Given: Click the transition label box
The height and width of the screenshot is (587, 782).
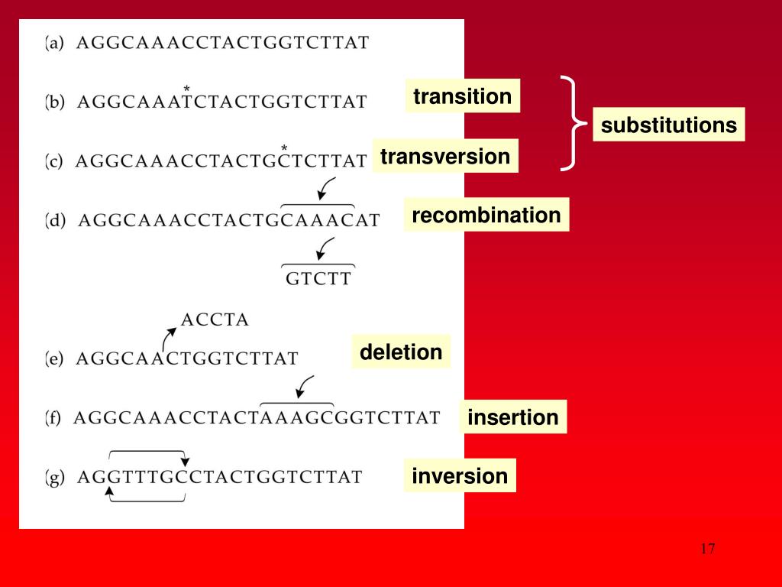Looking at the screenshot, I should pyautogui.click(x=462, y=96).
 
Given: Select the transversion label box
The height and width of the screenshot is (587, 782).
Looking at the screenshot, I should pyautogui.click(x=444, y=157).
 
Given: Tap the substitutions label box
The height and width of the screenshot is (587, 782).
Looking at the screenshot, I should pyautogui.click(x=669, y=125).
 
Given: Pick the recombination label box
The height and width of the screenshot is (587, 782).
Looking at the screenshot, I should pyautogui.click(x=486, y=216).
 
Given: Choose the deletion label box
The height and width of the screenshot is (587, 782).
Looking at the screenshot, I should pyautogui.click(x=401, y=352).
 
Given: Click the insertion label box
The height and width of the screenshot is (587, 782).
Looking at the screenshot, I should pyautogui.click(x=513, y=417).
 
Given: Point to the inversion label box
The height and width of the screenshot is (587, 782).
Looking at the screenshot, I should pyautogui.click(x=460, y=476).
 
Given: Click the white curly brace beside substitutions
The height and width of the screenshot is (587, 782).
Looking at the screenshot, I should pyautogui.click(x=573, y=123).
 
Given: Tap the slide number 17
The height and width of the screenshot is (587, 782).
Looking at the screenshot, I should pyautogui.click(x=707, y=549).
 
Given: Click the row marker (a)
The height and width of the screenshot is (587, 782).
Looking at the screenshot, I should pyautogui.click(x=54, y=43).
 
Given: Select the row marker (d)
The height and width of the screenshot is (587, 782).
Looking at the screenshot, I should pyautogui.click(x=56, y=221).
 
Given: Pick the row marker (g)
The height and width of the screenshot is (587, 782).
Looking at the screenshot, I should pyautogui.click(x=55, y=478).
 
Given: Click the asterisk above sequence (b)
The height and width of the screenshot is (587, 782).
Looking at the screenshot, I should pyautogui.click(x=186, y=89).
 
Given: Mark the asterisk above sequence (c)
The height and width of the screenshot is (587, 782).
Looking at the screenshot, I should pyautogui.click(x=284, y=148).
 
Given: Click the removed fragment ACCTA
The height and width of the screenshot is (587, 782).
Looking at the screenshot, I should pyautogui.click(x=215, y=320).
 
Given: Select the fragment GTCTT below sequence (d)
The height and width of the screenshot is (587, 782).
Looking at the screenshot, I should pyautogui.click(x=318, y=279).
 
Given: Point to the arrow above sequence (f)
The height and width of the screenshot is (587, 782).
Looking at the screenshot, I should pyautogui.click(x=304, y=385).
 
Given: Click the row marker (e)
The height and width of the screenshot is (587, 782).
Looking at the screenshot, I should pyautogui.click(x=54, y=358).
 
